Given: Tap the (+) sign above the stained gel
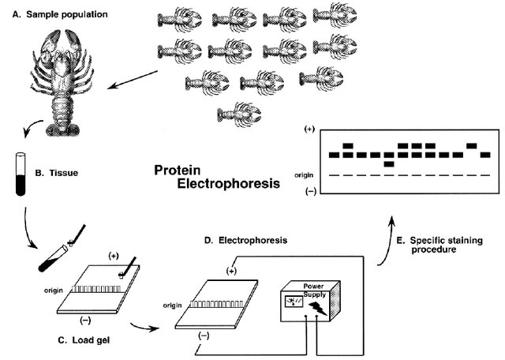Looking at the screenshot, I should coord(310,128).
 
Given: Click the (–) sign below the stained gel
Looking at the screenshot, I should coord(310,191).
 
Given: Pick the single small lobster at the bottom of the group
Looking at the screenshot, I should coord(233,112).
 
